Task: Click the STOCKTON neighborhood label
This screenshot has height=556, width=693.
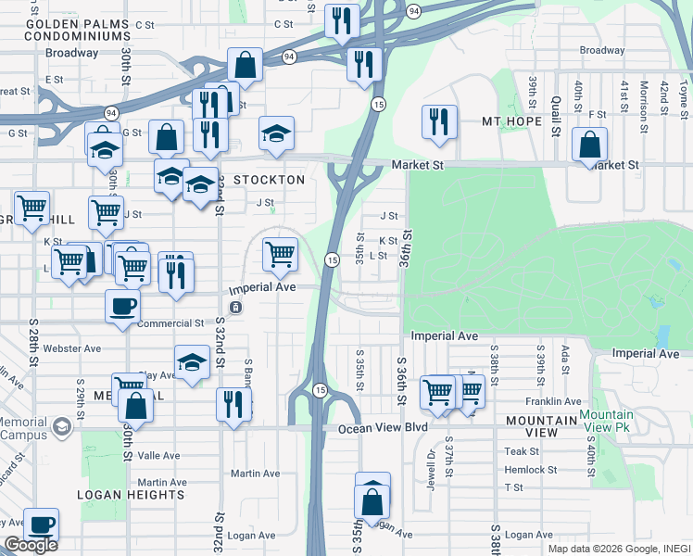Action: (269, 180)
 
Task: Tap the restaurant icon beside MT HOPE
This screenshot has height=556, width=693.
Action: (438, 121)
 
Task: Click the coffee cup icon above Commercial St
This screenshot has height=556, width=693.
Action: (121, 307)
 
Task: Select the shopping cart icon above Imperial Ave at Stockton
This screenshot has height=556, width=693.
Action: (280, 253)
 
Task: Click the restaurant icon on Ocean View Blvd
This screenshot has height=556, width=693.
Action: (233, 405)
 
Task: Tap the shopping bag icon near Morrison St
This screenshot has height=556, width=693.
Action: (589, 145)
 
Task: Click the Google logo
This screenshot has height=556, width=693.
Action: (31, 545)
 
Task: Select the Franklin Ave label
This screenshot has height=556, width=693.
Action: (552, 401)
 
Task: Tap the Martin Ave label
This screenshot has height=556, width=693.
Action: (255, 474)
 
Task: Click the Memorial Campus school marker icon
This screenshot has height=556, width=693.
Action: (62, 427)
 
